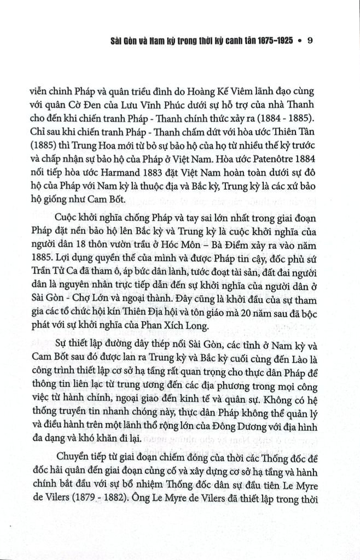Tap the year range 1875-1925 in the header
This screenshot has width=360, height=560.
coord(268,41)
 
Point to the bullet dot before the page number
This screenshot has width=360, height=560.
coord(299,42)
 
